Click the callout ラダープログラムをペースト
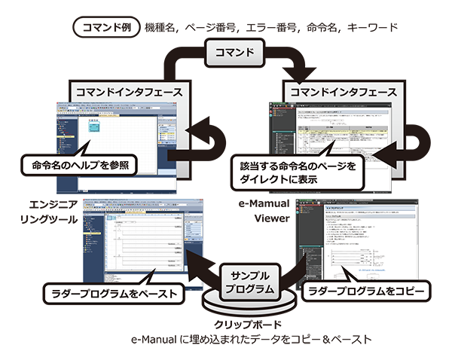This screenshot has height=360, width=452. coord(109,291)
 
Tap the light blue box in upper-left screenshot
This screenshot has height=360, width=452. coord(93,127)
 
